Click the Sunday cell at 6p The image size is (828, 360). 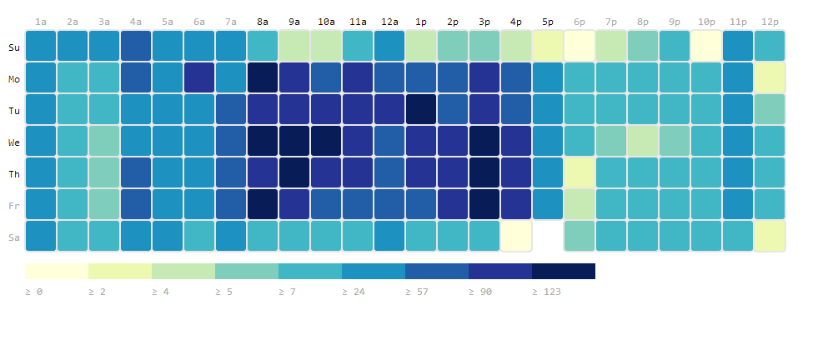580,46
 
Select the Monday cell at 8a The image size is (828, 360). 263,77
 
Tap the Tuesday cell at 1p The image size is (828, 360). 421,109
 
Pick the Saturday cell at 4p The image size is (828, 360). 516,236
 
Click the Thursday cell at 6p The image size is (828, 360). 580,172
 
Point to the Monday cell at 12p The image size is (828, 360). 770,77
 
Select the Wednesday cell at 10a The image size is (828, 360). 326,141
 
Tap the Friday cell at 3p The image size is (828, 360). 484,204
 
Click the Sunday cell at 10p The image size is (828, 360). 706,46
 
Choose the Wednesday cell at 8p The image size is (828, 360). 643,141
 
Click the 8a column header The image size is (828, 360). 263,22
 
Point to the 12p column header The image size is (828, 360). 770,22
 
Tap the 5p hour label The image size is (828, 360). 548,22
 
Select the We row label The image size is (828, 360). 14,142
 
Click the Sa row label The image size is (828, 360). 14,237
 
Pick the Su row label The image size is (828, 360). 14,47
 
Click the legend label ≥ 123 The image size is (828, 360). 546,292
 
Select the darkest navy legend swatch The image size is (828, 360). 564,271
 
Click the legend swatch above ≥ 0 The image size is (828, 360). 57,271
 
